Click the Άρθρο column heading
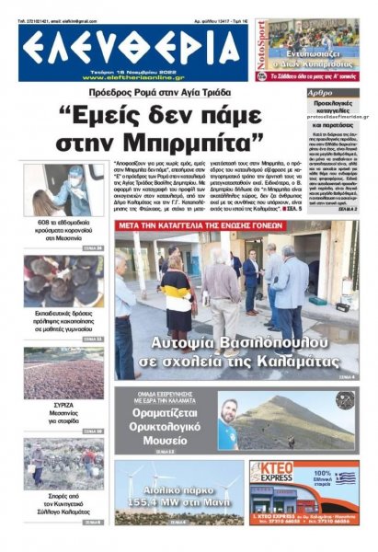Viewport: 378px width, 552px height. (x=320, y=94)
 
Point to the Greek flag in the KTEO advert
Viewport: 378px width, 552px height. (x=344, y=478)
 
